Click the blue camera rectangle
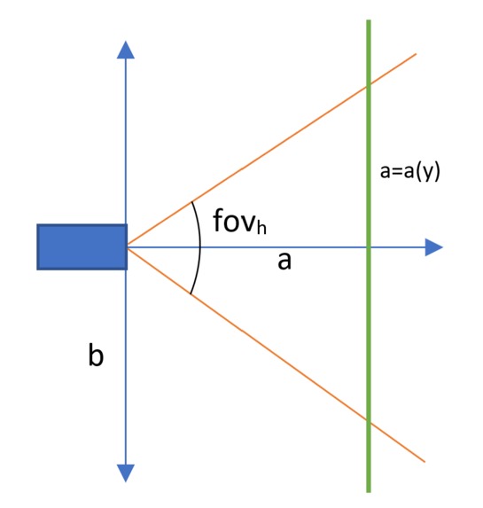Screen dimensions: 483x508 (82, 246)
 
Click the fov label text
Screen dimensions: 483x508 (239, 222)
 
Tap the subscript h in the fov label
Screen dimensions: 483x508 (261, 227)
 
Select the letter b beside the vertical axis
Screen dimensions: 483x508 (96, 355)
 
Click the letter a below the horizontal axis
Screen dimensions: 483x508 (284, 262)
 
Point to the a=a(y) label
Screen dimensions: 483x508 (409, 171)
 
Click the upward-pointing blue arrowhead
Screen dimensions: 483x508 (126, 50)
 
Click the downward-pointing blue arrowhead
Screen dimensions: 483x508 (126, 473)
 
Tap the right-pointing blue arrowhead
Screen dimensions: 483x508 (433, 247)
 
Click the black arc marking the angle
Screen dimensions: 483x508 (200, 248)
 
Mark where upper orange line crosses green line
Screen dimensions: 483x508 (369, 85)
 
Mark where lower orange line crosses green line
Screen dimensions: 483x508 (369, 421)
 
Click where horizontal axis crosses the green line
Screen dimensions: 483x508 (369, 247)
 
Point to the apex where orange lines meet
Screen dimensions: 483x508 (128, 247)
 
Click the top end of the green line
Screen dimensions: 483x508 (369, 20)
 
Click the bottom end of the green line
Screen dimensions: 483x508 (369, 492)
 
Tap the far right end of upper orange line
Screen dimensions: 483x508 (416, 54)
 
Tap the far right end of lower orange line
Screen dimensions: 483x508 (425, 461)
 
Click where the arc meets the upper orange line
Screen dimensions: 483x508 (191, 202)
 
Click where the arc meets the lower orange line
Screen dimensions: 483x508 (191, 294)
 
